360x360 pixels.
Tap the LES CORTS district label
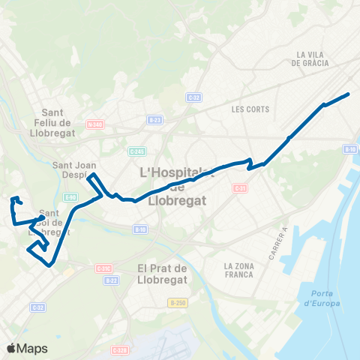250,109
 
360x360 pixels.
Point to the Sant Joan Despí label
71,170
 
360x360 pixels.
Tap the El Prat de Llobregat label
166,273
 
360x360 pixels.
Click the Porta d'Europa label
322,298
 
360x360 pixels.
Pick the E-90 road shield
70,197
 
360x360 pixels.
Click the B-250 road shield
174,303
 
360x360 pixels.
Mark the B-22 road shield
112,280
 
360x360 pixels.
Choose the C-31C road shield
103,268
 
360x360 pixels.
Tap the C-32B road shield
120,349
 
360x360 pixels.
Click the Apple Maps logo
27,348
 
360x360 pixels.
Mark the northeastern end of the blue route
349,94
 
